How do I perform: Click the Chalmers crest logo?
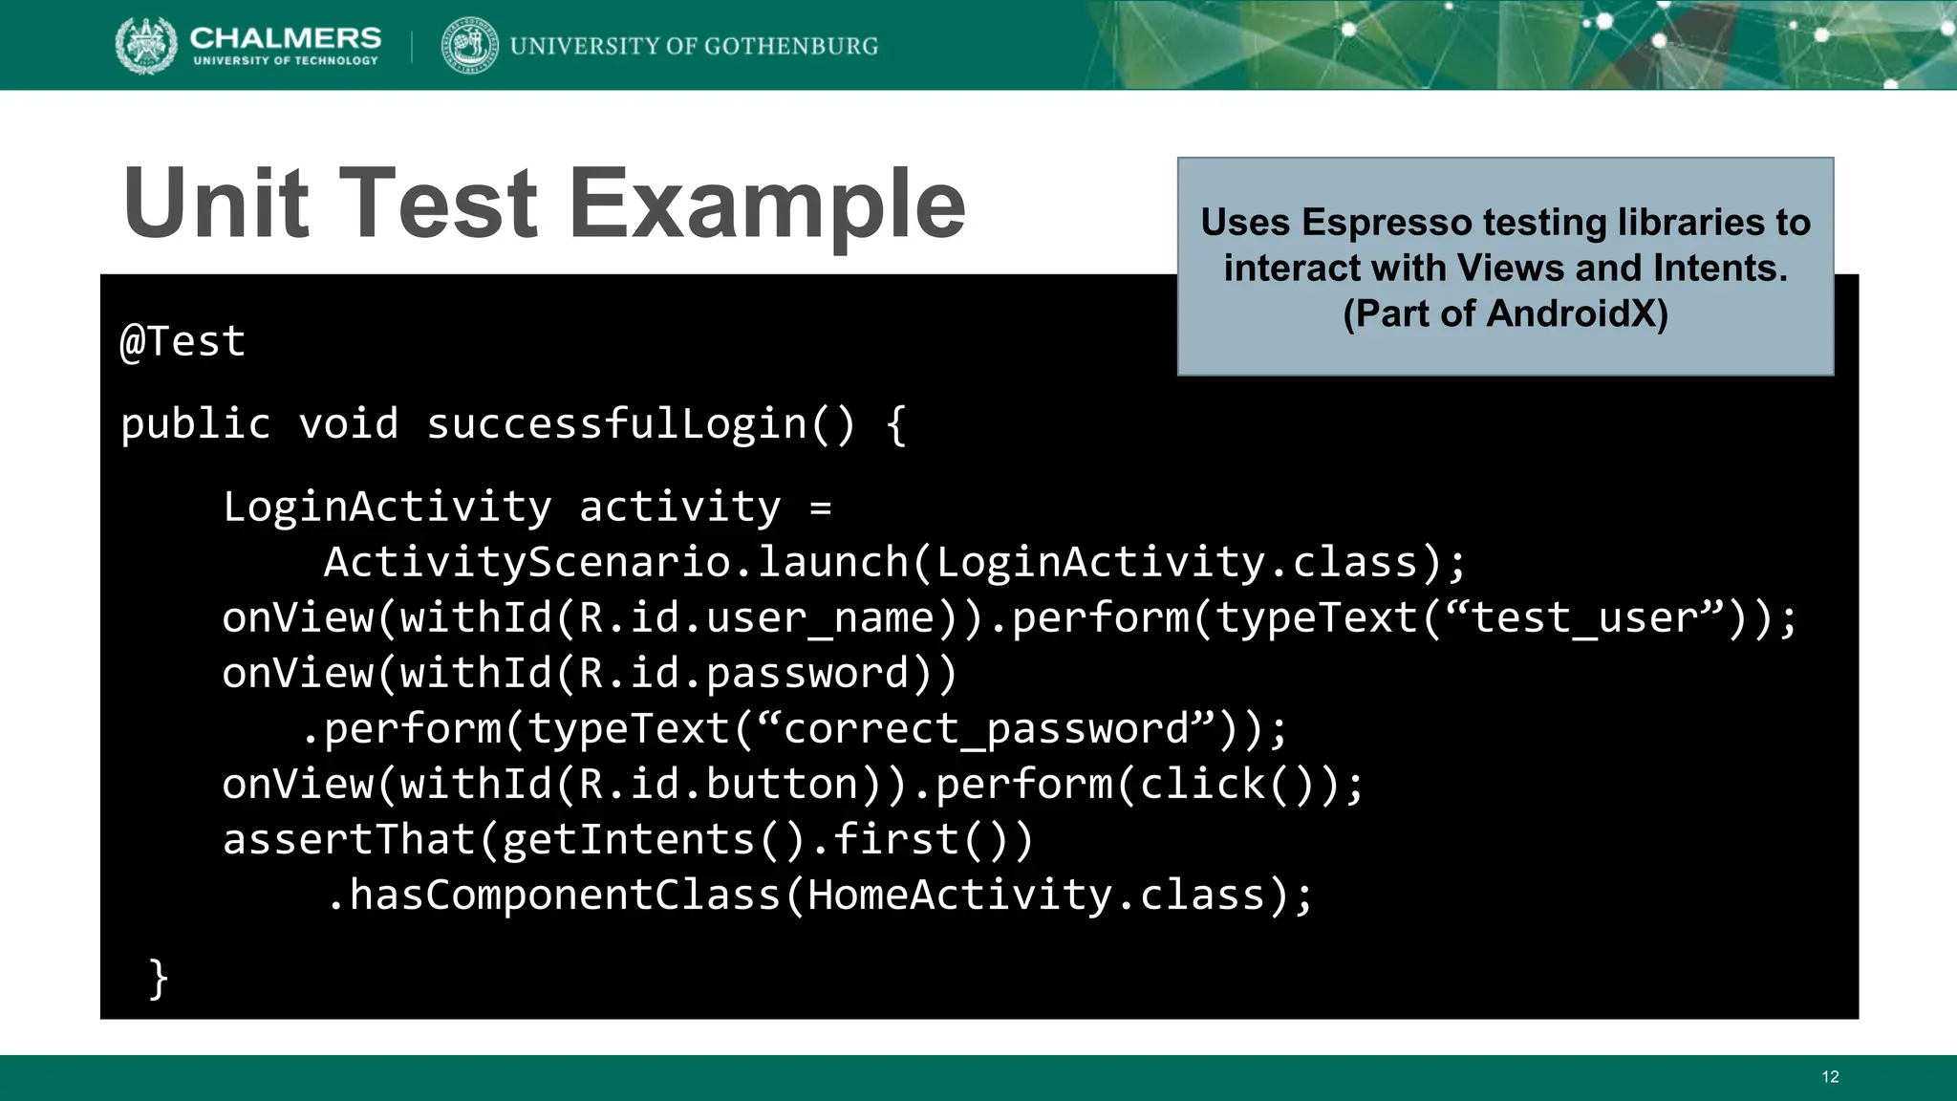pyautogui.click(x=146, y=45)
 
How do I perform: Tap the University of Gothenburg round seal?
pyautogui.click(x=469, y=45)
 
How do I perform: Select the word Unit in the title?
pyautogui.click(x=216, y=203)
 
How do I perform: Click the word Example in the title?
pyautogui.click(x=767, y=205)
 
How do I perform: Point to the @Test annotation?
pyautogui.click(x=183, y=341)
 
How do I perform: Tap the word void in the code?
pyautogui.click(x=348, y=423)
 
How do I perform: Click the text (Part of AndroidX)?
pyautogui.click(x=1505, y=313)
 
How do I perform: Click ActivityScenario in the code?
pyautogui.click(x=527, y=562)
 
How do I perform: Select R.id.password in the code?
pyautogui.click(x=743, y=674)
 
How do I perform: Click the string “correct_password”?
pyautogui.click(x=987, y=729)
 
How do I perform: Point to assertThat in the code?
pyautogui.click(x=349, y=840)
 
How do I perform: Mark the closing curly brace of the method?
pyautogui.click(x=159, y=979)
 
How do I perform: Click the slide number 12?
pyautogui.click(x=1830, y=1077)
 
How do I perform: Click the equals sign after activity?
pyautogui.click(x=820, y=507)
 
